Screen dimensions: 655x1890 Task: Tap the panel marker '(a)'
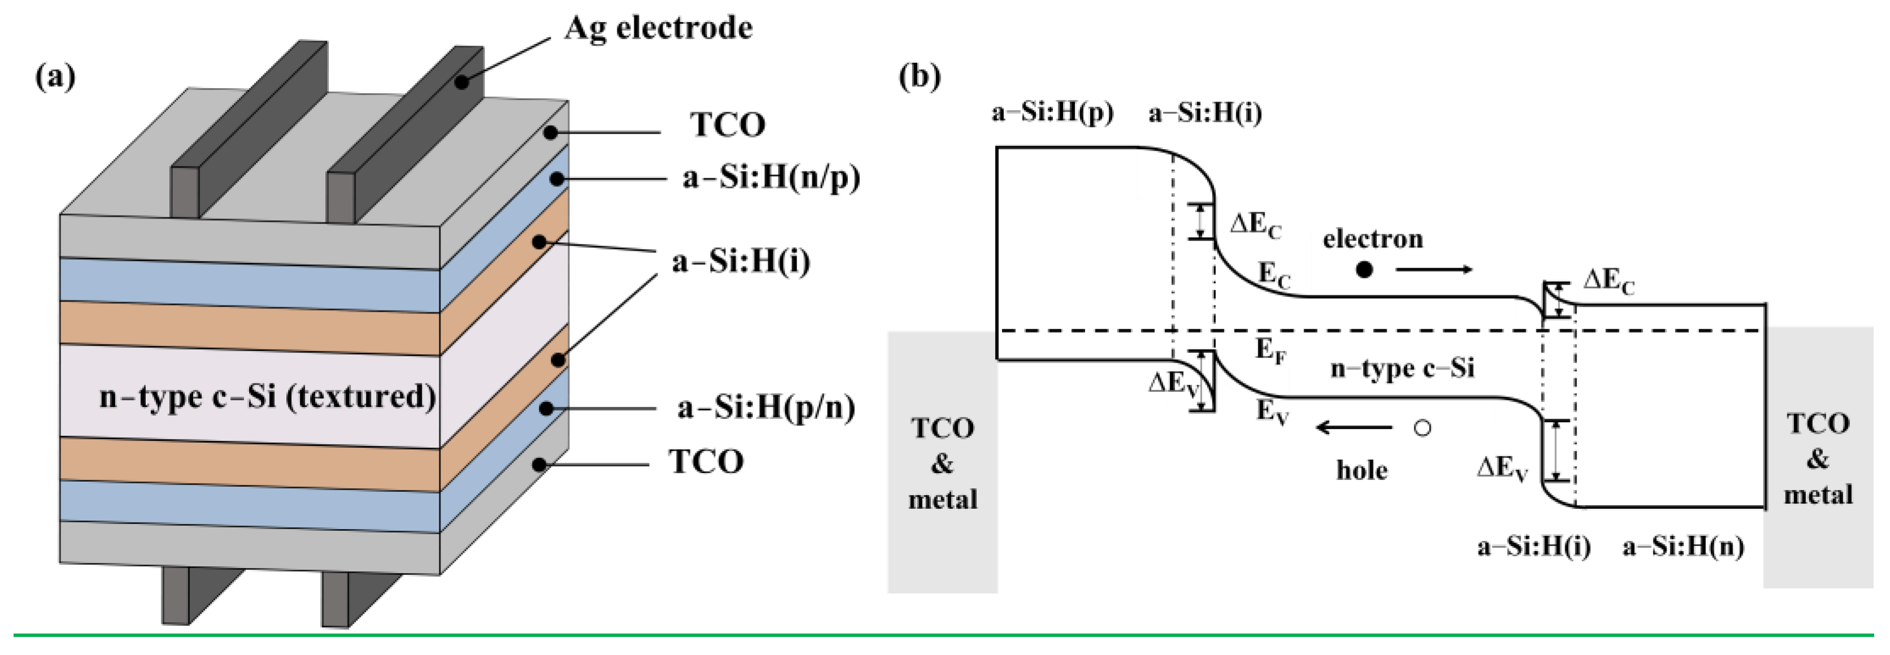[55, 76]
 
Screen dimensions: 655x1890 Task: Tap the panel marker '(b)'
[920, 76]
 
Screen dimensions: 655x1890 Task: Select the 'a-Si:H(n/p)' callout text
[770, 177]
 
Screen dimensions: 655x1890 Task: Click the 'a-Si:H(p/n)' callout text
[766, 408]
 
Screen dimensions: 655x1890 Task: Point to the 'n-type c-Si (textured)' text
[267, 397]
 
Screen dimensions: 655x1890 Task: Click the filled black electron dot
[1364, 270]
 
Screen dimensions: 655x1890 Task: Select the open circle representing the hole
[1422, 427]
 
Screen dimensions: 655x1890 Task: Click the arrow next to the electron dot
[1434, 270]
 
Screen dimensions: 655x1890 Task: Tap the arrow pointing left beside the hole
[1353, 427]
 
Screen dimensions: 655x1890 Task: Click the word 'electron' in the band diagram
[1373, 238]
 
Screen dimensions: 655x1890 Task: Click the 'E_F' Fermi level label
[1270, 351]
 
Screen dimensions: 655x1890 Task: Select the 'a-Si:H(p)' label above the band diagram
[1052, 112]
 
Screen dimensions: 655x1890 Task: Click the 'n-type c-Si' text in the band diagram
[1402, 368]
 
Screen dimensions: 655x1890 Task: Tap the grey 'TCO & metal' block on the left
[942, 462]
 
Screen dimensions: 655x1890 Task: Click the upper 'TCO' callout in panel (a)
[727, 125]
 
